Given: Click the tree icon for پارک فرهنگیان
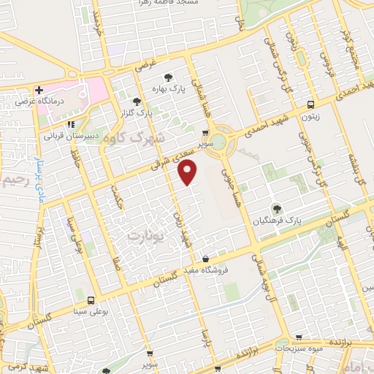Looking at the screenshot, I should point(276,209).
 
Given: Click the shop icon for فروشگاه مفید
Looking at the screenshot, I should point(207,259).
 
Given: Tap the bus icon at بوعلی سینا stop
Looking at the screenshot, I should point(91,300).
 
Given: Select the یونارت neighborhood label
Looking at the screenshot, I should point(142,236).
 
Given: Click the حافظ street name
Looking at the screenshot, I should point(76,155).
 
